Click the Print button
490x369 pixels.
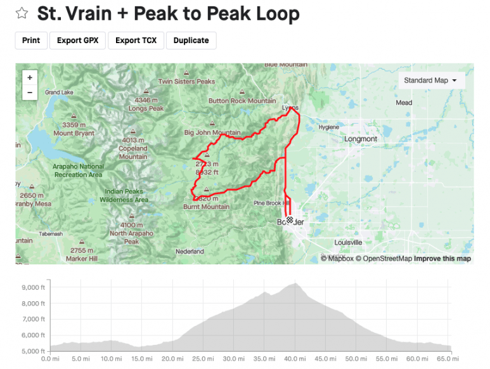pos(30,40)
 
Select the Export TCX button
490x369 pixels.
pos(136,40)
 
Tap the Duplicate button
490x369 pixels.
pos(191,40)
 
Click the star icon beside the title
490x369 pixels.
pos(22,13)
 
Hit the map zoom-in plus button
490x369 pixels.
pos(30,77)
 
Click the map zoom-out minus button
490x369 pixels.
pos(30,92)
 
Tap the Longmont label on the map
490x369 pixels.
pos(360,139)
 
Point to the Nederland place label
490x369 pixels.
pos(190,252)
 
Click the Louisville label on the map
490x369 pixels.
pos(348,242)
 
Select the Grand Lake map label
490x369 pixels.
pos(59,93)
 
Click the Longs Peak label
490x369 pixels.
pos(146,108)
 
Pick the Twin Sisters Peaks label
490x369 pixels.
pos(186,82)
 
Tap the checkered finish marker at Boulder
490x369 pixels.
pos(290,220)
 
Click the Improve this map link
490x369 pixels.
pos(442,259)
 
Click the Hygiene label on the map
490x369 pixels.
pos(328,127)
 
